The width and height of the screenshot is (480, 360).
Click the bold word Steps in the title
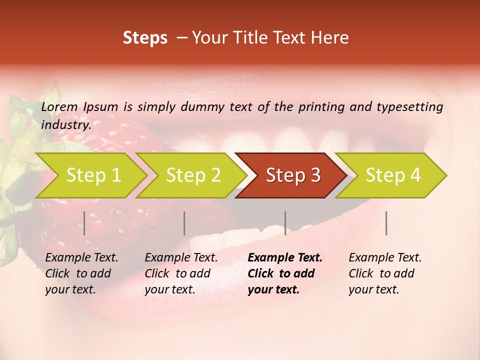point(145,37)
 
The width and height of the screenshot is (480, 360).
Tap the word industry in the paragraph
point(65,124)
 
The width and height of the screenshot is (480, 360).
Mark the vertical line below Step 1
point(84,223)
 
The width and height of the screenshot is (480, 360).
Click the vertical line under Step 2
point(184,223)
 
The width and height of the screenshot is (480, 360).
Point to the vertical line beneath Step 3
point(285,223)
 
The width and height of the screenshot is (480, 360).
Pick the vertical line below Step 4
point(386,223)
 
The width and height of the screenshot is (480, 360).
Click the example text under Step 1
point(81,273)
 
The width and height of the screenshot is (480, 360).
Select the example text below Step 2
point(181,273)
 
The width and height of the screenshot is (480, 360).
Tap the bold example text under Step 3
point(284,273)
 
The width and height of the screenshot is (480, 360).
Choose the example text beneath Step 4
point(385,273)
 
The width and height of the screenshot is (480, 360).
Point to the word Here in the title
point(331,37)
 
